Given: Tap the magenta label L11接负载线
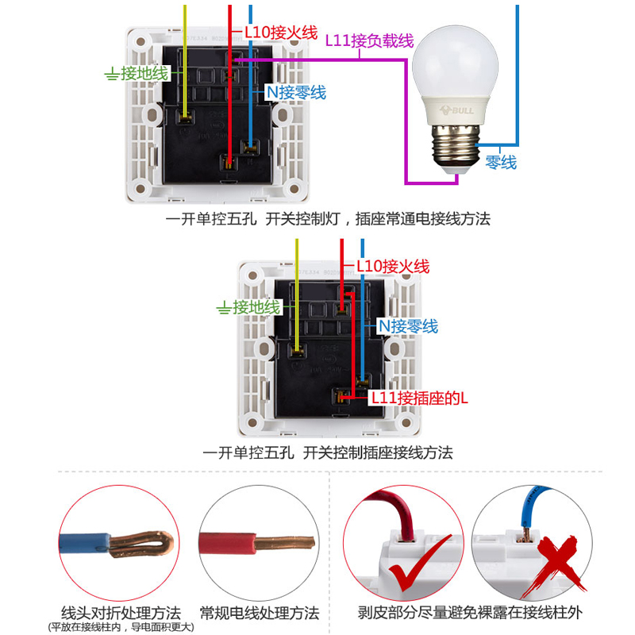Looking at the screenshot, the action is (x=370, y=41).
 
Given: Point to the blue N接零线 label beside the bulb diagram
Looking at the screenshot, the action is (x=295, y=92).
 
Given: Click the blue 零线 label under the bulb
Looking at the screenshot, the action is (x=501, y=162).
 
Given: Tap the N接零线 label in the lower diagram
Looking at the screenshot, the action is (x=407, y=325).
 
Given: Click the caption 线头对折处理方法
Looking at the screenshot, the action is (x=121, y=613).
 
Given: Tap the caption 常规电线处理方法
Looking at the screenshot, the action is (x=260, y=613).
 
